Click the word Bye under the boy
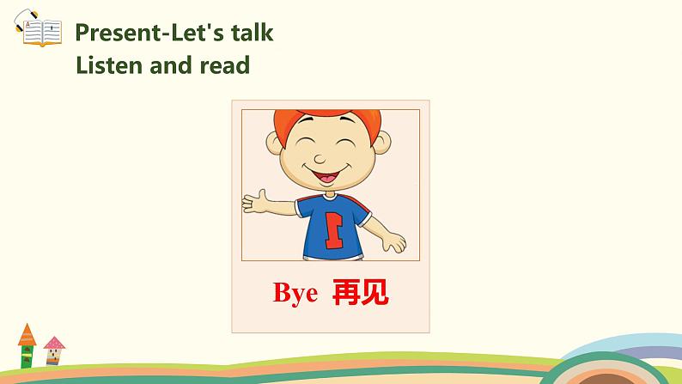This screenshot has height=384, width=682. coord(295,294)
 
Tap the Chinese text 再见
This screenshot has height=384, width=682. coord(360,293)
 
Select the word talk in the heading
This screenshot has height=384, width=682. coord(251,33)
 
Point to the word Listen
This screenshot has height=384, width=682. coord(106,64)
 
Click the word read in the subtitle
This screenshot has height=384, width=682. coord(222,64)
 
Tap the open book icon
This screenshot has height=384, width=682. coord(40,33)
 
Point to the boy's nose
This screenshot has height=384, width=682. coord(322,158)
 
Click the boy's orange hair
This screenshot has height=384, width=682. coord(326,118)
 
